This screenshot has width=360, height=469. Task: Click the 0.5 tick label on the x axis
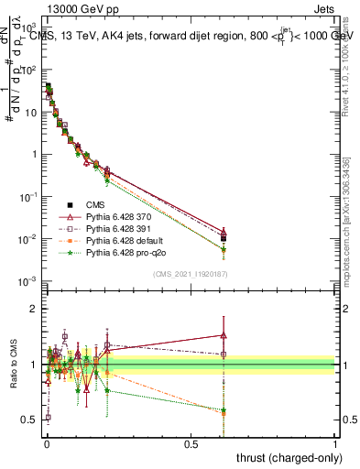tap(191, 443)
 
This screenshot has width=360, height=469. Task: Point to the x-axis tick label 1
tap(335, 443)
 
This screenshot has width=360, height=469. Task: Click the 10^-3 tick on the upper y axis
tap(28, 281)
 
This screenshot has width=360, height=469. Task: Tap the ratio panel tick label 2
tap(35, 309)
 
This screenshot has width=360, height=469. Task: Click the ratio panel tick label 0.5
tap(30, 420)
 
